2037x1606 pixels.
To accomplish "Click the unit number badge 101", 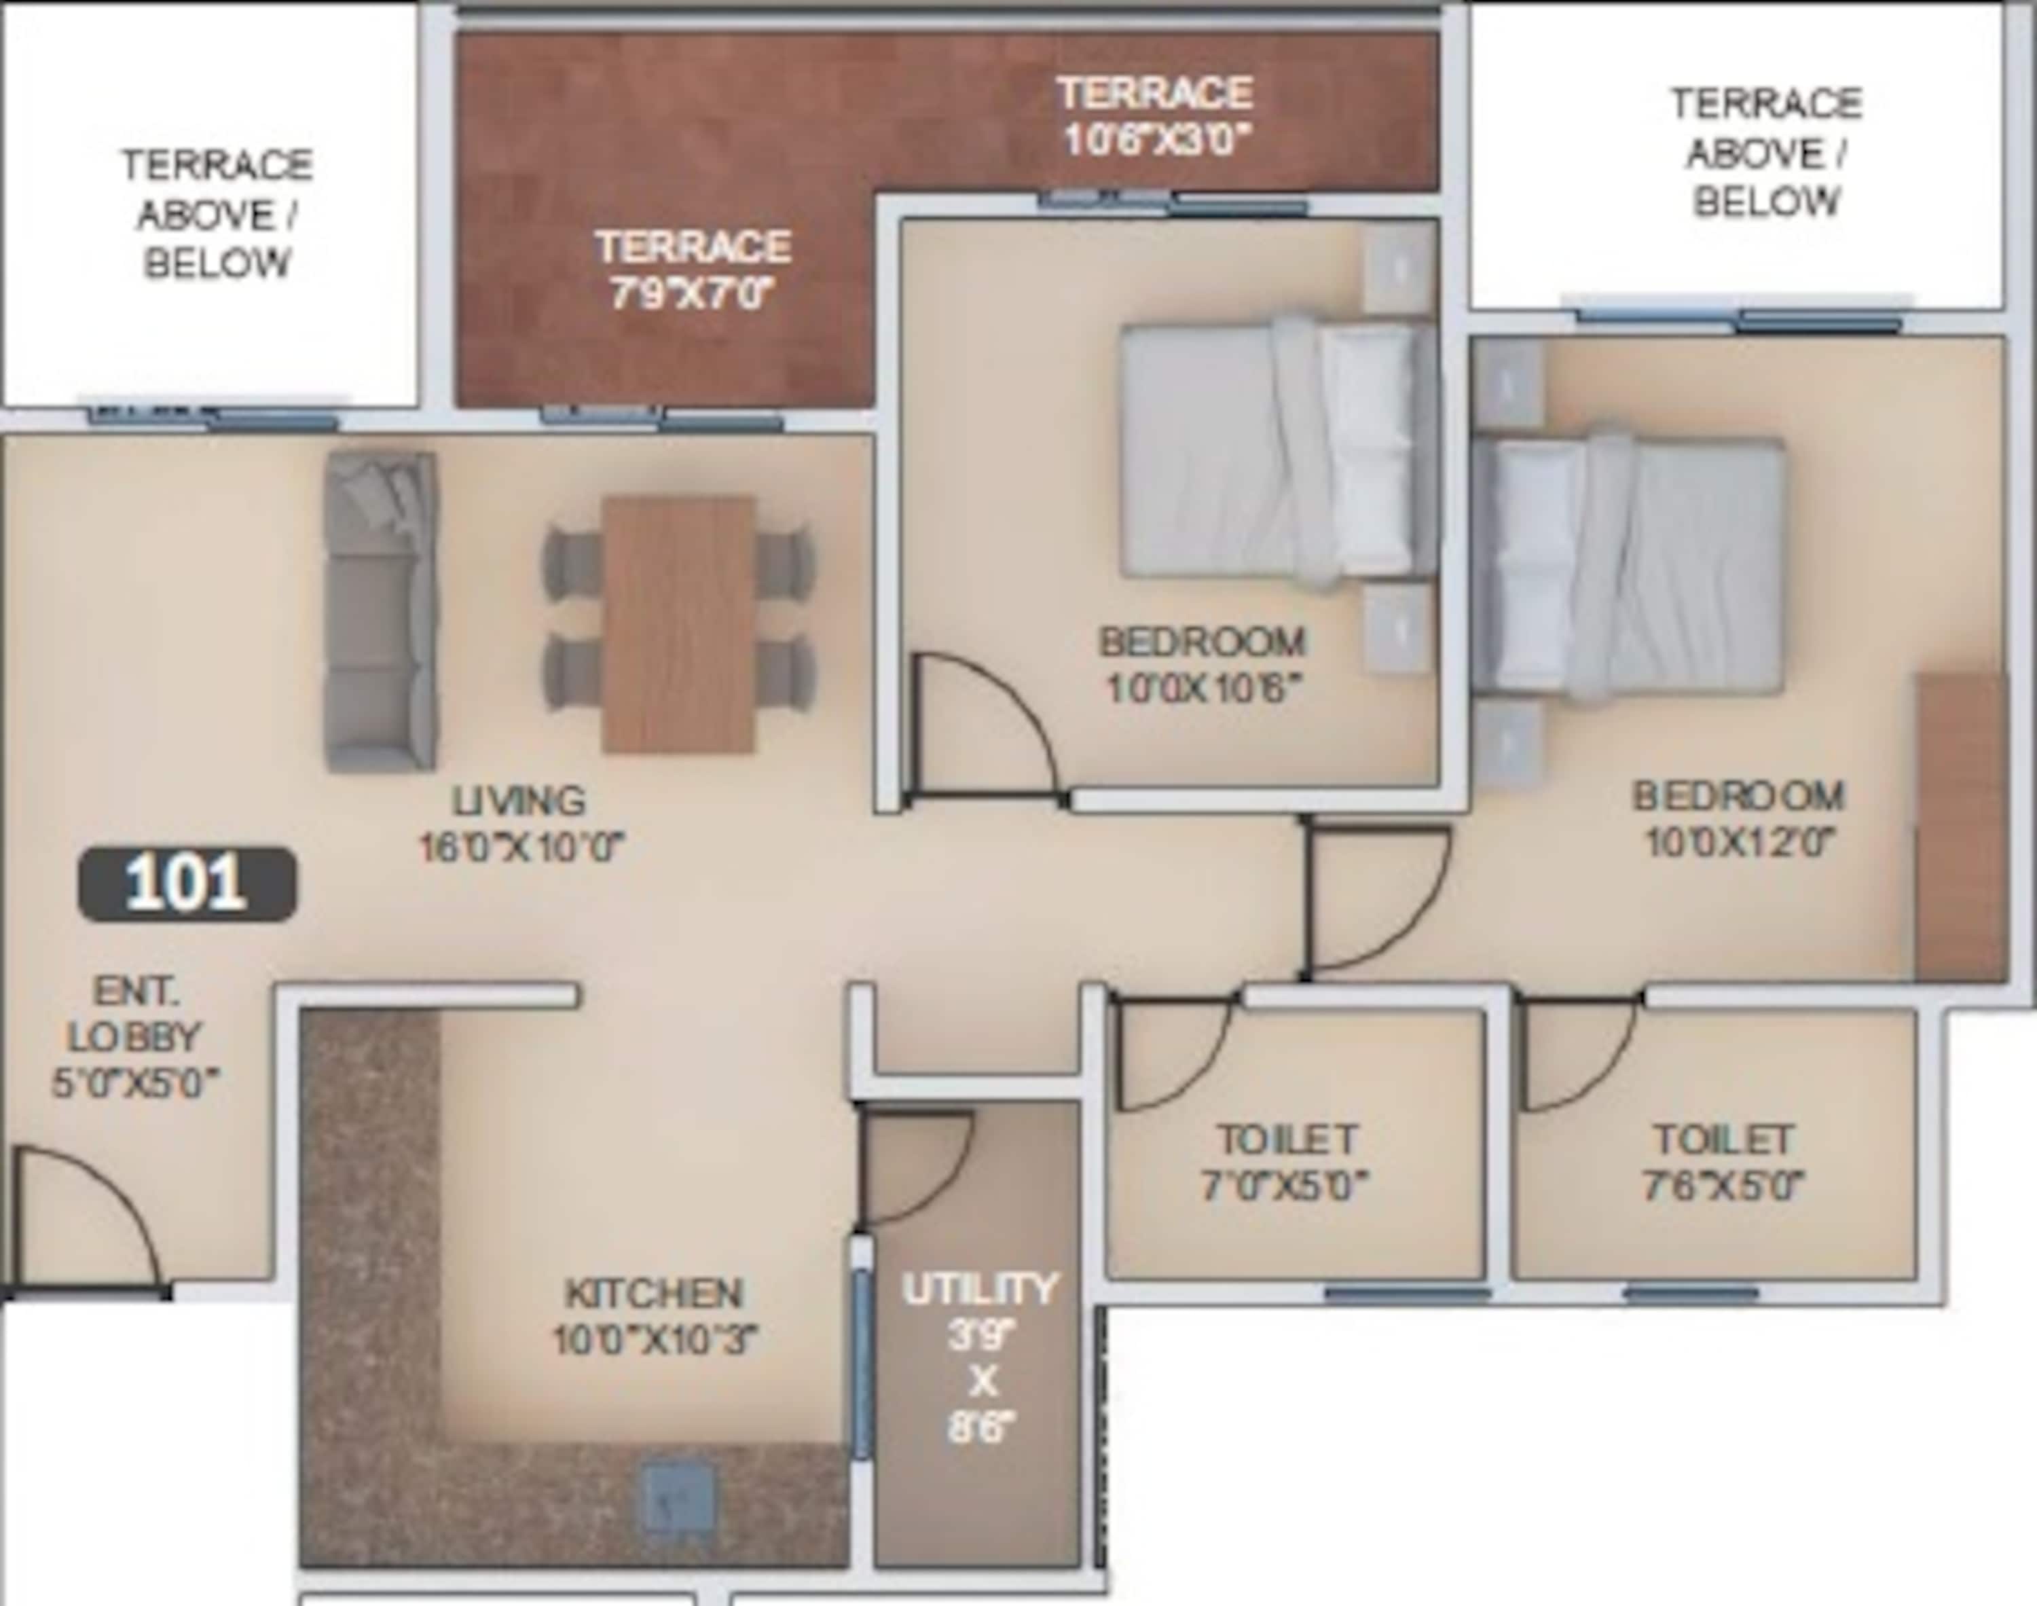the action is pos(186,884).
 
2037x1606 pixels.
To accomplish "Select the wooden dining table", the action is pos(679,624).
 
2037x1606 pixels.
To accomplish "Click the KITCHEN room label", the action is pos(653,1294).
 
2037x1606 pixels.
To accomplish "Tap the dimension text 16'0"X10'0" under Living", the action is pos(521,849).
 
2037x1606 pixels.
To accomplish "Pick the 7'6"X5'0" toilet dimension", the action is pos(1723,1186).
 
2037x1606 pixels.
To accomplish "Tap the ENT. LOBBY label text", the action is pos(134,1014).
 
